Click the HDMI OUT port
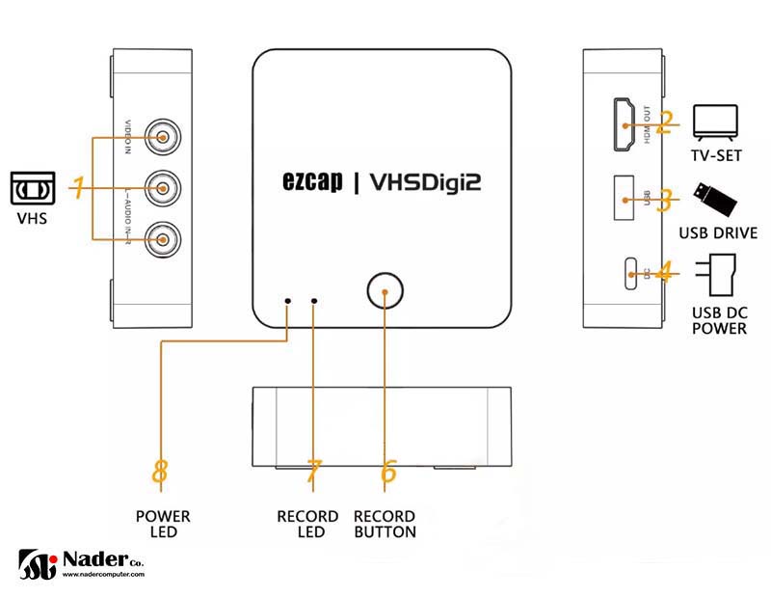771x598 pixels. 625,124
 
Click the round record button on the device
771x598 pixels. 385,289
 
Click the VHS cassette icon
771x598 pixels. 33,187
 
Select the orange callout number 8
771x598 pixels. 161,473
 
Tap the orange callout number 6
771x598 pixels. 388,473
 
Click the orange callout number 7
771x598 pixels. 312,473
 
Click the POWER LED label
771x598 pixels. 162,524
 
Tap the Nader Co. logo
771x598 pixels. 82,563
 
